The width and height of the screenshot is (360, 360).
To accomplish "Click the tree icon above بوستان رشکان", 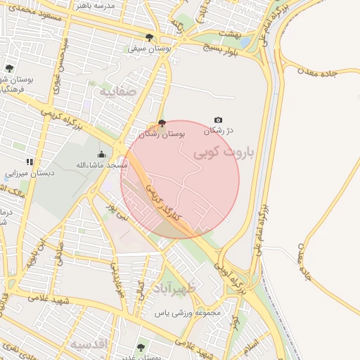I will pos(162,123).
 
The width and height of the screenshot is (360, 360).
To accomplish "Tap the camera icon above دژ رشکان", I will pos(218,120).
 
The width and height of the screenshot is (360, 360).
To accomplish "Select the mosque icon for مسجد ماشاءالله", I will pos(101,155).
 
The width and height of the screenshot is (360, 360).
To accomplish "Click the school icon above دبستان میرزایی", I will pos(30,162).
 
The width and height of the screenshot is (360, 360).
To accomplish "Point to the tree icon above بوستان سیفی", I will pos(148,37).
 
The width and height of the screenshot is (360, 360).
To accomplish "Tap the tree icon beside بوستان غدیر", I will pos(141,347).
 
